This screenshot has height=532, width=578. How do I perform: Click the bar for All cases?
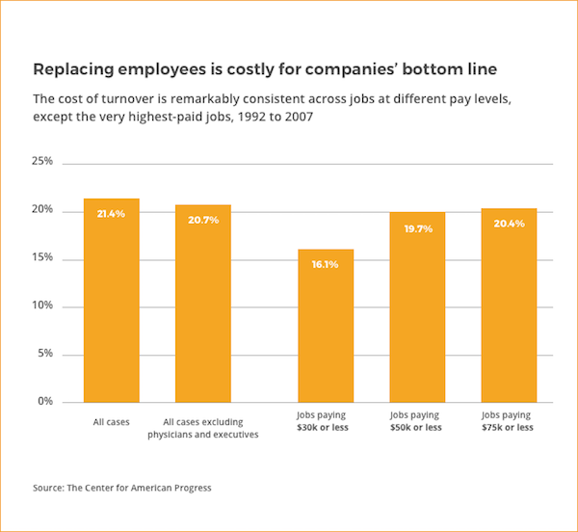(x=112, y=300)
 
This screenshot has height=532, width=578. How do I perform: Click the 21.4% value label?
(x=112, y=213)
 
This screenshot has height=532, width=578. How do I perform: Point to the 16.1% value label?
(x=326, y=264)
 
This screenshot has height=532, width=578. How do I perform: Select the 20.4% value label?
(x=509, y=223)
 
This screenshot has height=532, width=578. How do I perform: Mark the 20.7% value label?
(x=203, y=220)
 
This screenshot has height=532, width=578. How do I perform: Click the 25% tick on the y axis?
(x=42, y=162)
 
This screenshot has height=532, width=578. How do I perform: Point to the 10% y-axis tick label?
(x=42, y=306)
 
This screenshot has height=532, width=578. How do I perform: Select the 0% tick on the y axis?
(x=45, y=401)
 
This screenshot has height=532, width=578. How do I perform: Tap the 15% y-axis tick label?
(x=42, y=258)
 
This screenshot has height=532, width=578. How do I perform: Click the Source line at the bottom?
(x=122, y=488)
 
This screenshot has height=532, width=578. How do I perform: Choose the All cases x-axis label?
(x=111, y=421)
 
